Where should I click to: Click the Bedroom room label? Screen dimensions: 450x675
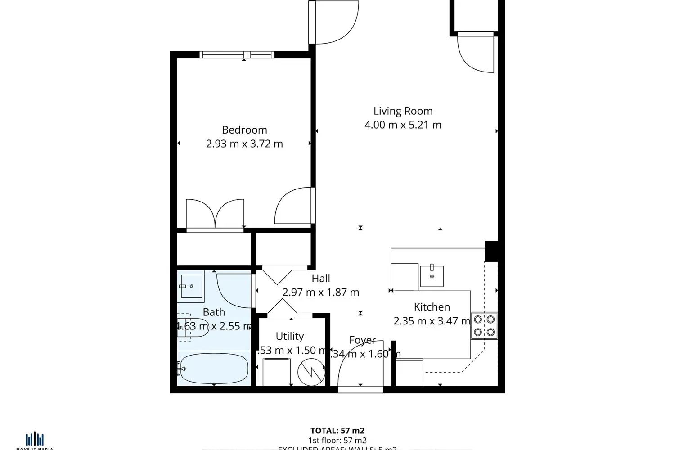coord(244,130)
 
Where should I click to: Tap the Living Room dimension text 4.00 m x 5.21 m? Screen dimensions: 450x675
coord(403,125)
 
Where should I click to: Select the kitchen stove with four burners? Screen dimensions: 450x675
coord(484,326)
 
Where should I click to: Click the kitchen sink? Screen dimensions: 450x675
coord(432,276)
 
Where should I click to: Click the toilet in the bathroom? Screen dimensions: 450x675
coord(193,328)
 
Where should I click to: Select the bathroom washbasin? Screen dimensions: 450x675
coord(191,286)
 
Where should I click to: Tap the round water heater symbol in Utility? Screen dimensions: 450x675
coord(311,372)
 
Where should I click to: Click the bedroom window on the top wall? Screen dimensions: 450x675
coord(237,55)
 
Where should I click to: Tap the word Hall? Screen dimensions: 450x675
coord(321,279)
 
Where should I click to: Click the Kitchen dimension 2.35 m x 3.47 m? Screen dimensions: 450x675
coord(432,321)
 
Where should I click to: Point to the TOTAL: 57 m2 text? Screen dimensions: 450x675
coord(337,431)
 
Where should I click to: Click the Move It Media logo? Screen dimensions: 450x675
coord(35,440)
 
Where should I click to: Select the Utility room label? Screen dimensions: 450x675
coord(289,337)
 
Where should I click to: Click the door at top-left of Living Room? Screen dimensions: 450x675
coord(334,22)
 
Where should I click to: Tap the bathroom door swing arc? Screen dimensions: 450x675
coord(233,290)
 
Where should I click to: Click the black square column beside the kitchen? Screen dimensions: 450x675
coord(491,251)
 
